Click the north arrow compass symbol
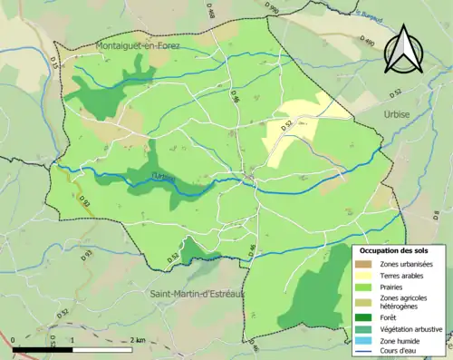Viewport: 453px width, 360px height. tap(401, 50)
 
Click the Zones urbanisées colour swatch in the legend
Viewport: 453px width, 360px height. tap(368, 264)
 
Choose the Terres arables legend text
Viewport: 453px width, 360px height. tap(406, 276)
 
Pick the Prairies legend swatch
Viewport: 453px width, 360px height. tap(368, 287)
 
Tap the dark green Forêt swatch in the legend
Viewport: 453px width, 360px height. tap(368, 316)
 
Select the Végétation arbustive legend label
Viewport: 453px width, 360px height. tap(413, 328)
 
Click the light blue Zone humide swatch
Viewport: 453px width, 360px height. tap(368, 340)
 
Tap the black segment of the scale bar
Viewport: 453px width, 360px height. tap(43, 348)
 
